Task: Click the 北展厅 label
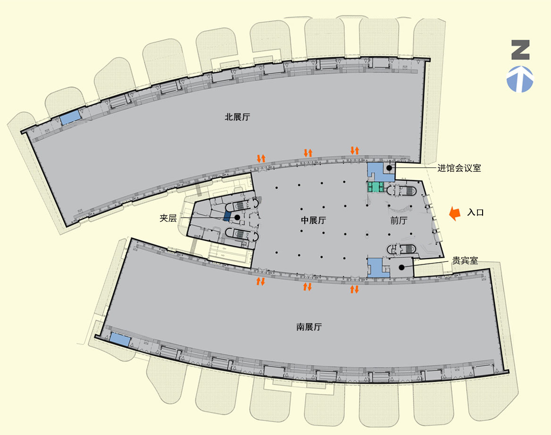point(238,117)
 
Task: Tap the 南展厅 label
point(309,327)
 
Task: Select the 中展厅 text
point(313,220)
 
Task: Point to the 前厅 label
point(399,220)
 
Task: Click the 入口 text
point(476,213)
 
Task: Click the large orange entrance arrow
point(455,213)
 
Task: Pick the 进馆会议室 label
point(459,168)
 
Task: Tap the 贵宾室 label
point(465,261)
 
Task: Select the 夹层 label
point(168,218)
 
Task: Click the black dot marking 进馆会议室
point(389,168)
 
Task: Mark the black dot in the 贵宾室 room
point(401,268)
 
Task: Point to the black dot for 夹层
point(237,217)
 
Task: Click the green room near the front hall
point(376,186)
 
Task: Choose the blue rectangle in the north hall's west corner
point(71,117)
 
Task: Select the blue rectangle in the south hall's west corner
point(120,339)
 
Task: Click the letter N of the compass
point(520,50)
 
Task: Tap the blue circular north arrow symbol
point(520,79)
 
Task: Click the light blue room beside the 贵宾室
point(376,268)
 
